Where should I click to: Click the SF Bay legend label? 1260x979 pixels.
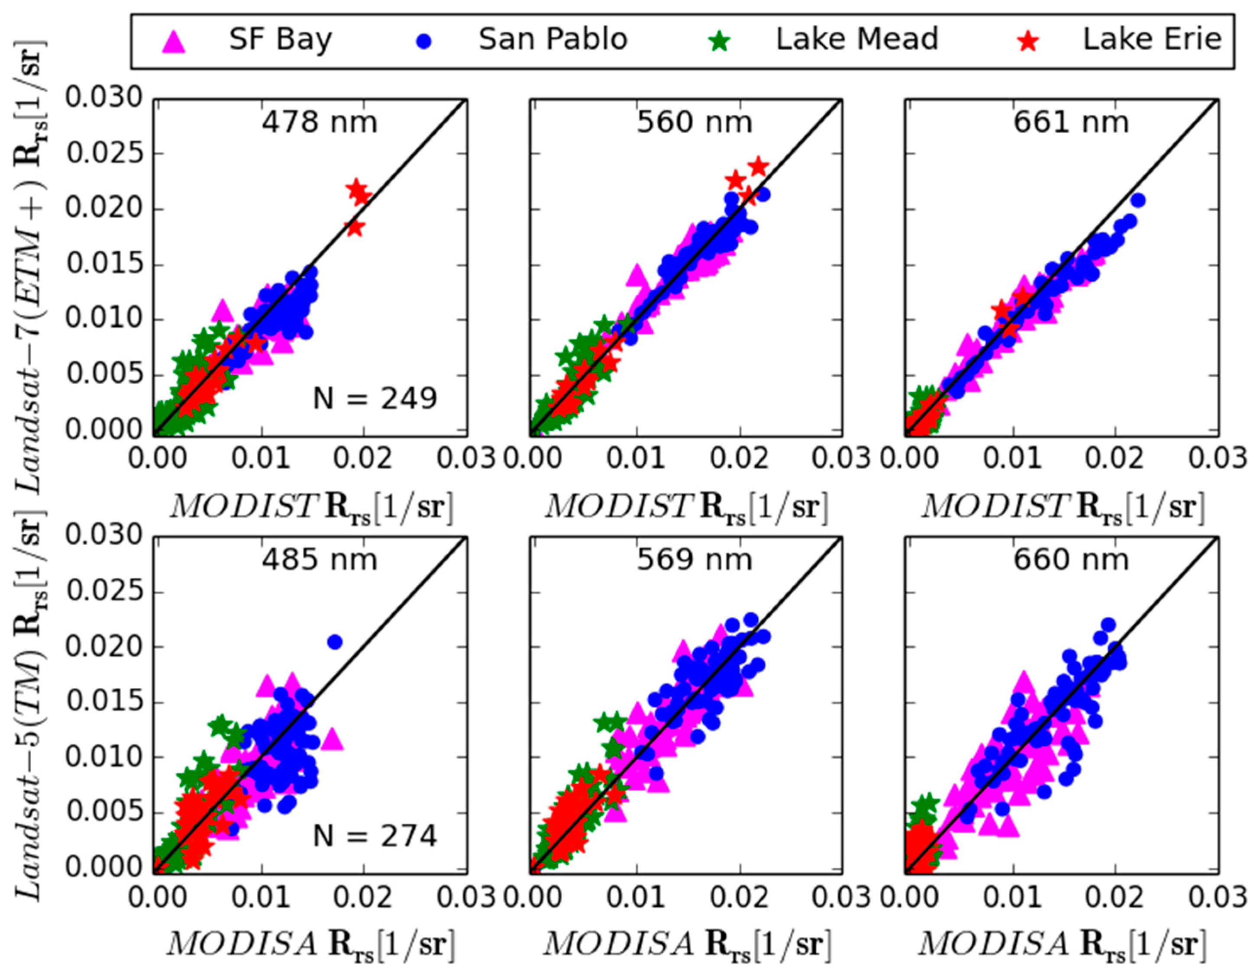coord(281,40)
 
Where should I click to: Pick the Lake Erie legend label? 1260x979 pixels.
coord(1152,40)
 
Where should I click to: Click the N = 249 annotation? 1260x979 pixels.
coord(375,399)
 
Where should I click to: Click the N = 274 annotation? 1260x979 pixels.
coord(375,836)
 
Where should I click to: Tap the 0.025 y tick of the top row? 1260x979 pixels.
coord(104,154)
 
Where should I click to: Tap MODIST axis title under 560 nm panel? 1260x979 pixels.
coord(685,507)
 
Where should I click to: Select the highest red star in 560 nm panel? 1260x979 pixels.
coord(759,167)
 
